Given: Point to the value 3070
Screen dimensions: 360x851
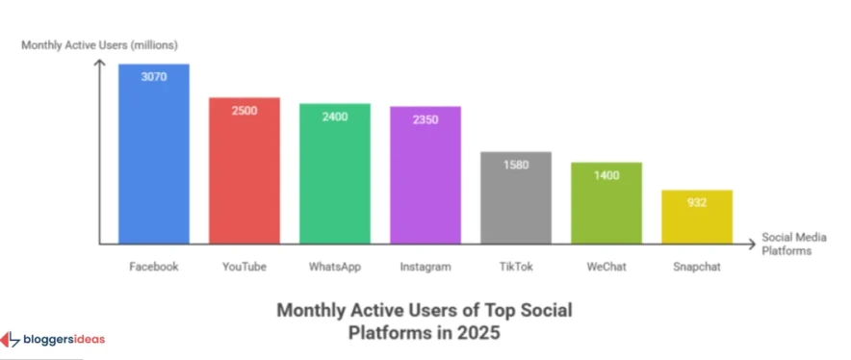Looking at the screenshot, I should pos(154,76).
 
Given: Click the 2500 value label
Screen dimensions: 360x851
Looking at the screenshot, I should pos(245,110).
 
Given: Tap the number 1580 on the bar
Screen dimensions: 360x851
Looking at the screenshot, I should pos(516,164).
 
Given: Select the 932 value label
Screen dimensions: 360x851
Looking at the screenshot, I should pos(697,202).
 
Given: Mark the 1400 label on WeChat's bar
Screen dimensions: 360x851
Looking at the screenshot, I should pos(606,175).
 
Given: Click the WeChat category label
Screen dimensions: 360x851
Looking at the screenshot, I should pos(606,267).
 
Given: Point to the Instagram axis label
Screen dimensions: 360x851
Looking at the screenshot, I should pos(425,267).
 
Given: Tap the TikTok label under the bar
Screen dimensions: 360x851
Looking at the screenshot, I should pos(516,267).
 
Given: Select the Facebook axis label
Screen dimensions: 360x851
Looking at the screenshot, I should pos(154,267).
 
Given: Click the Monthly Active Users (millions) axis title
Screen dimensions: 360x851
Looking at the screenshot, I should pos(86,45).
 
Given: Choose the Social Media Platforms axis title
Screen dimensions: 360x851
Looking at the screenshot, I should pos(787,244).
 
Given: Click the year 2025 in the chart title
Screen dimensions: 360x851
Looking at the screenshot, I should pos(478,333).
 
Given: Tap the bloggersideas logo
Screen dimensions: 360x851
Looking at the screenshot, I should pos(53,340).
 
